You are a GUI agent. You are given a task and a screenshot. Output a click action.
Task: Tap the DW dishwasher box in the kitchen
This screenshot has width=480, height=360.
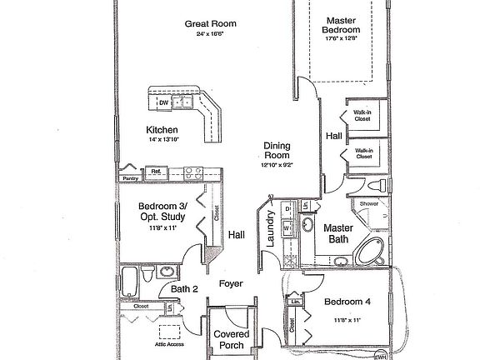(x=163, y=103)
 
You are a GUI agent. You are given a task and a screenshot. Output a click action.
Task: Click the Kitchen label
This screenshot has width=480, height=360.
(x=162, y=130)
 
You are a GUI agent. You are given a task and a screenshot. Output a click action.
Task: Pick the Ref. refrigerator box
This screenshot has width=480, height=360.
(x=156, y=172)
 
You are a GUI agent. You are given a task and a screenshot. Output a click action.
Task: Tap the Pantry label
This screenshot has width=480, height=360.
(x=129, y=178)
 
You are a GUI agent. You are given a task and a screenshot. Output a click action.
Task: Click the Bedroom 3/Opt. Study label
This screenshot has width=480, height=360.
(x=163, y=211)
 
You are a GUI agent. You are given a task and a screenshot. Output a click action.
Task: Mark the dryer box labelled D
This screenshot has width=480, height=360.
(x=287, y=207)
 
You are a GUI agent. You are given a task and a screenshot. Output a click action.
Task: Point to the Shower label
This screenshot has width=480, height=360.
(x=369, y=202)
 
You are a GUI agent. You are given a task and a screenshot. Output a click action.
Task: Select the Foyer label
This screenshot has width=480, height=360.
(x=231, y=283)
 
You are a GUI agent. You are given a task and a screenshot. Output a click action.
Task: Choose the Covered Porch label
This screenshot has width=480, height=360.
(x=232, y=340)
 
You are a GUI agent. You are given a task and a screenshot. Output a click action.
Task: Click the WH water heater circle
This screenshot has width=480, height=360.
(x=380, y=356)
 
